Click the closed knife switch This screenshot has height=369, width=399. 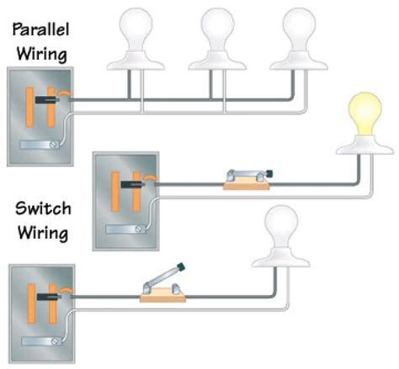click(245, 177)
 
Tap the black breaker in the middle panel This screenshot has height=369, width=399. click(131, 181)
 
